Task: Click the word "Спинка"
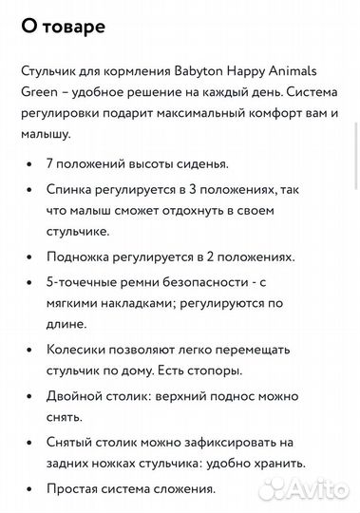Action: pyautogui.click(x=70, y=190)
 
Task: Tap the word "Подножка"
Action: pyautogui.click(x=82, y=256)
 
